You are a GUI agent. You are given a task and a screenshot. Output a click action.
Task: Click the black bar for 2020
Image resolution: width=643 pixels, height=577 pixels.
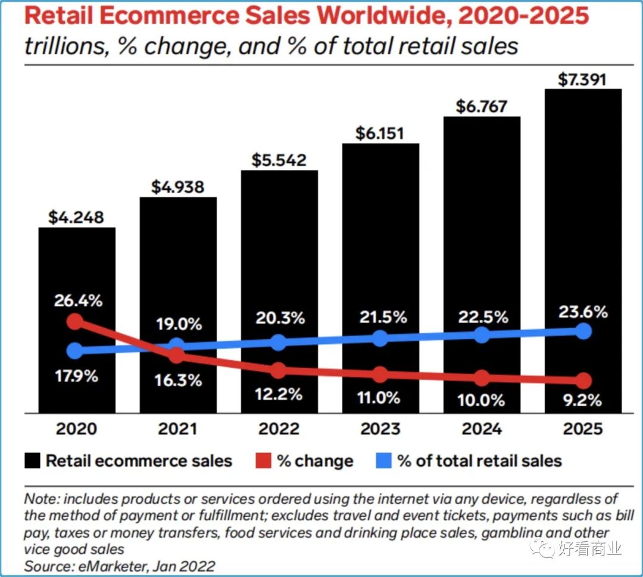pyautogui.click(x=77, y=268)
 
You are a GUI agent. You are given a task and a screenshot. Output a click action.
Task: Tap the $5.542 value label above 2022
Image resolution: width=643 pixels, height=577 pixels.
pyautogui.click(x=279, y=160)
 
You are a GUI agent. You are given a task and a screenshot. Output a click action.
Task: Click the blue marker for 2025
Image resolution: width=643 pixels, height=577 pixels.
pyautogui.click(x=583, y=331)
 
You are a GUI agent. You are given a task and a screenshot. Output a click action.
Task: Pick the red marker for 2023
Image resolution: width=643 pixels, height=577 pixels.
pyautogui.click(x=380, y=375)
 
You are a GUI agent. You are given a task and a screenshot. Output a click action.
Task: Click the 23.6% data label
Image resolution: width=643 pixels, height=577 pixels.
pyautogui.click(x=583, y=311)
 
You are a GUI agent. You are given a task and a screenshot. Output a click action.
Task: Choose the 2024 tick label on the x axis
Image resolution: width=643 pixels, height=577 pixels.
pyautogui.click(x=482, y=429)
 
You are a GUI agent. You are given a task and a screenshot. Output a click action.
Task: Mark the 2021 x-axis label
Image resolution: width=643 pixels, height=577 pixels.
pyautogui.click(x=177, y=429)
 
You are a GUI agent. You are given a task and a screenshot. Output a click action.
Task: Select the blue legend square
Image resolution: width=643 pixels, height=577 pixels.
pyautogui.click(x=384, y=461)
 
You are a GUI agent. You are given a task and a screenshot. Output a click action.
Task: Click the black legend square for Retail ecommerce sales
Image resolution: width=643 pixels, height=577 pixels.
pyautogui.click(x=33, y=461)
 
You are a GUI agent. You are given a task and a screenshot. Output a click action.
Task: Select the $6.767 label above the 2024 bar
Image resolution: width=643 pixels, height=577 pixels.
pyautogui.click(x=482, y=106)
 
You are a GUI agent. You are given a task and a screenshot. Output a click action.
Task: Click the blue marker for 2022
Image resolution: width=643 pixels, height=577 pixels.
pyautogui.click(x=278, y=342)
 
